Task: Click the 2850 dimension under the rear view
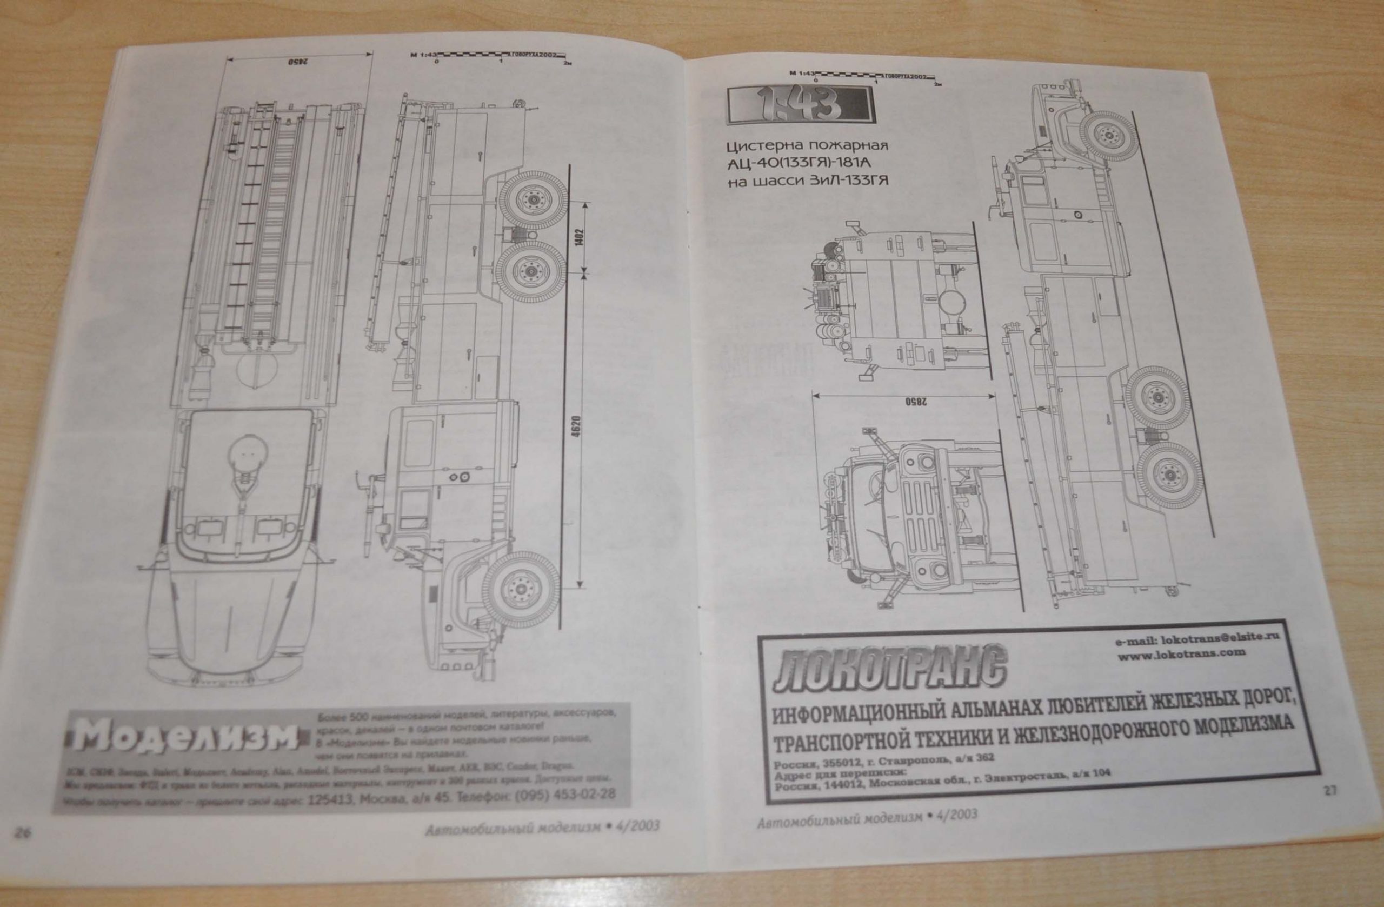[906, 401]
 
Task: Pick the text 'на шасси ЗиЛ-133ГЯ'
[808, 181]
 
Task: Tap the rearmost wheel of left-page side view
[533, 200]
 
